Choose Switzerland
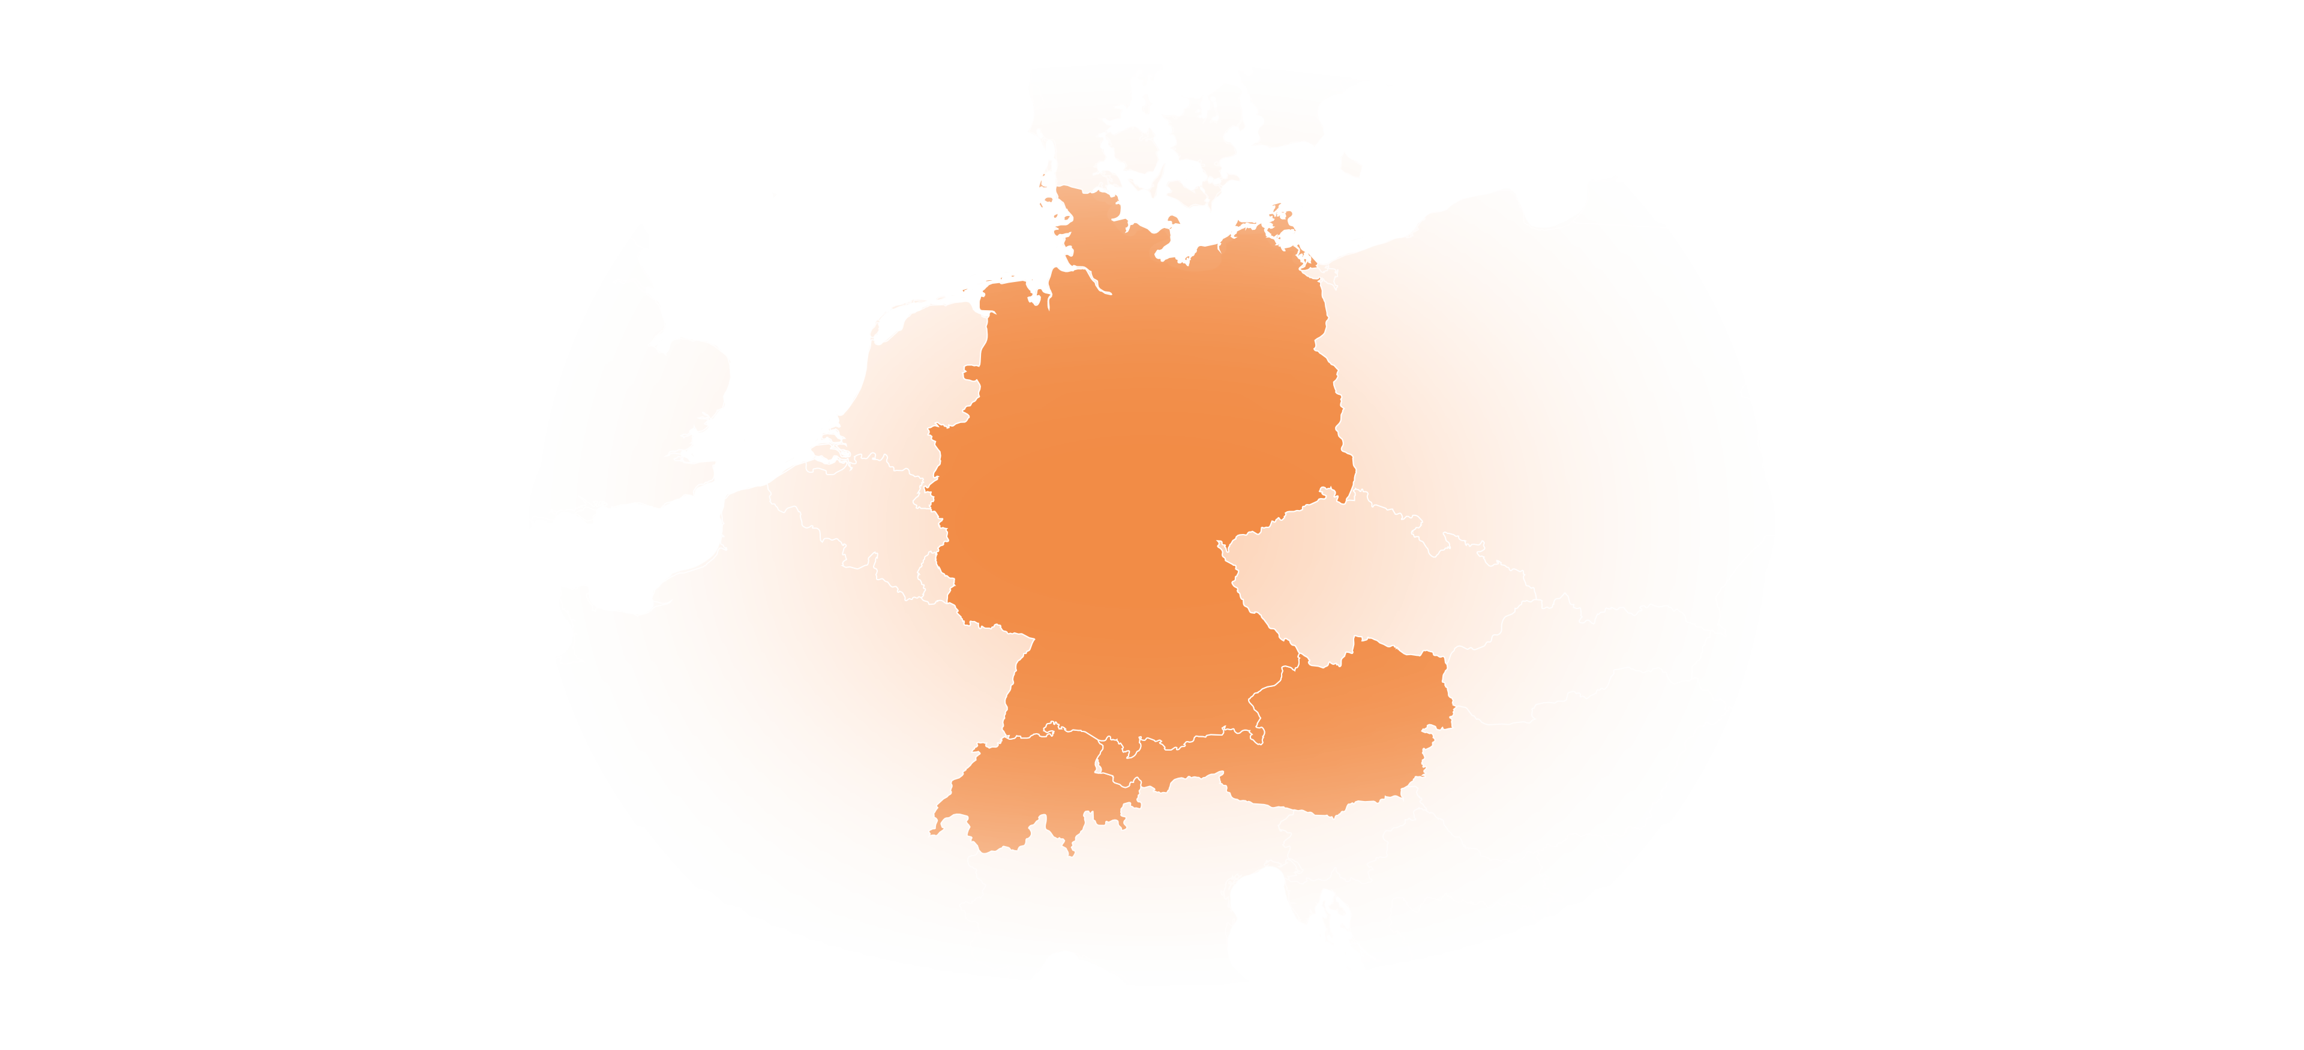[1028, 787]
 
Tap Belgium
[859, 510]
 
